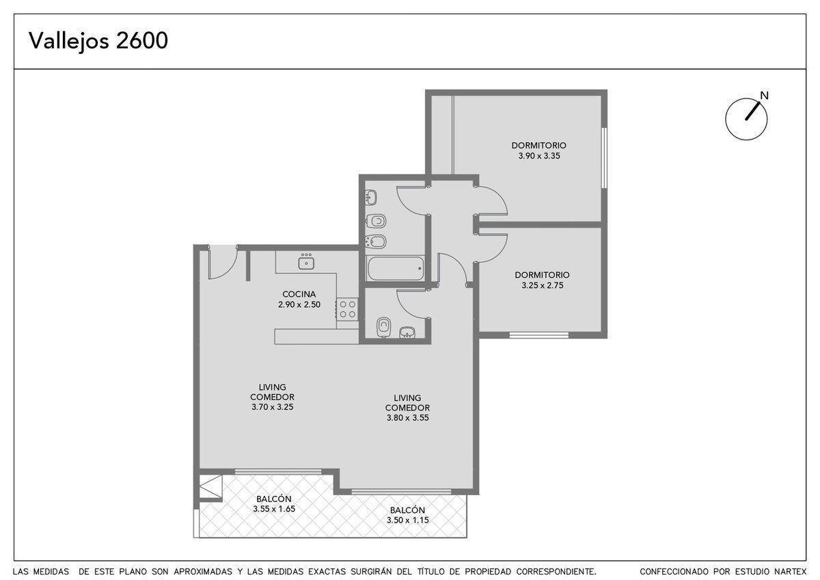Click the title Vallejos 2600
click(98, 40)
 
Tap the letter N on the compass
click(765, 96)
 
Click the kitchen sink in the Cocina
click(306, 263)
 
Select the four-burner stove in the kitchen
click(347, 309)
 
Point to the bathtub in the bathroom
click(396, 268)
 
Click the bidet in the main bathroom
click(376, 242)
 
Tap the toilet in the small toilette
click(383, 327)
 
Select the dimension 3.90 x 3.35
click(539, 156)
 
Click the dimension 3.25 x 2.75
click(542, 285)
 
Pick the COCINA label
click(299, 294)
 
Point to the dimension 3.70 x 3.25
click(273, 407)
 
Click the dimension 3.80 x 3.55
click(407, 417)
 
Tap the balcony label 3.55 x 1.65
click(274, 509)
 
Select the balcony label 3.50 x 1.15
click(407, 520)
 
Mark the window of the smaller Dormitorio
click(539, 334)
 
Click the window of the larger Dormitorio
click(604, 158)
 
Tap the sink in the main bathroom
click(371, 198)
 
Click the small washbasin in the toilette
click(407, 332)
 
